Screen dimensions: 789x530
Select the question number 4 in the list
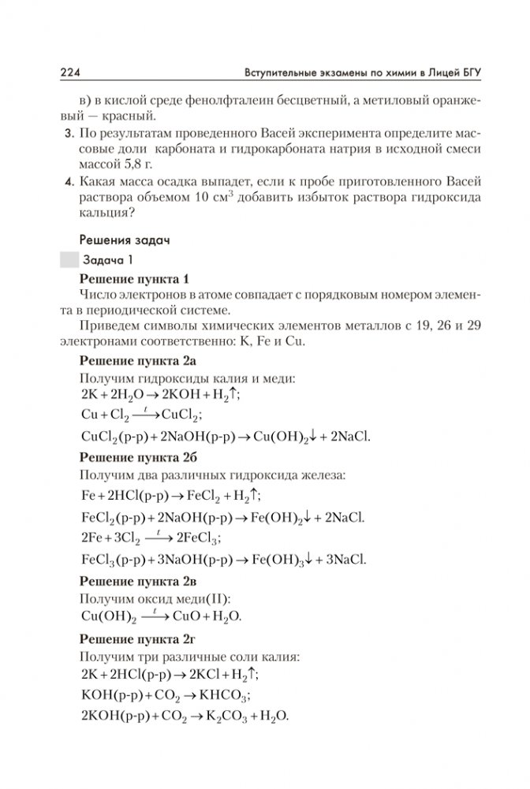tap(69, 182)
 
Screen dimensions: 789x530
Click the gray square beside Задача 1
tap(69, 259)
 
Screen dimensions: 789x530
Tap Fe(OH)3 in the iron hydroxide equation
tap(283, 560)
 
